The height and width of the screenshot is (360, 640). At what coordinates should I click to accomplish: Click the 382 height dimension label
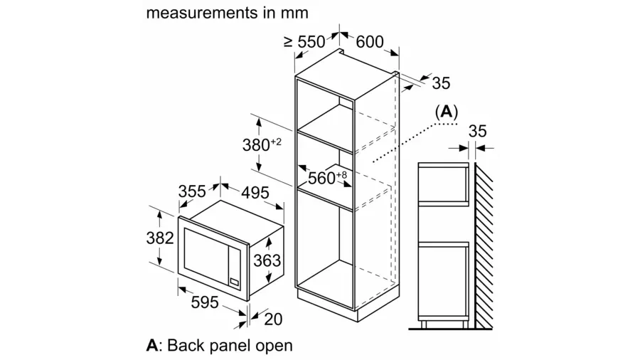(159, 238)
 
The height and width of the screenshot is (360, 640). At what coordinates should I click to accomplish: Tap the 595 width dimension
(205, 302)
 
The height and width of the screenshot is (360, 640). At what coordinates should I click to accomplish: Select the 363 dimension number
(267, 260)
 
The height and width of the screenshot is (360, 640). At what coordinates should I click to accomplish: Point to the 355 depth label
(192, 191)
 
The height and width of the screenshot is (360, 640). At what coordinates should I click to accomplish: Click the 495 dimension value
(255, 193)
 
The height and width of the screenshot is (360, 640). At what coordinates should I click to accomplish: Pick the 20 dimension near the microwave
(273, 319)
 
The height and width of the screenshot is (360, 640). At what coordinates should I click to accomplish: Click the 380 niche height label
(262, 144)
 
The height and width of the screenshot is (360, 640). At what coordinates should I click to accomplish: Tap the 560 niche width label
(327, 178)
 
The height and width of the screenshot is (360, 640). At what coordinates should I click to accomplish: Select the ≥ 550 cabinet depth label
(305, 42)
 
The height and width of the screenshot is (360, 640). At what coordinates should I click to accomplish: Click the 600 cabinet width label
(370, 42)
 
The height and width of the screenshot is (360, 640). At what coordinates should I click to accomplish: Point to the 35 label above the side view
(477, 132)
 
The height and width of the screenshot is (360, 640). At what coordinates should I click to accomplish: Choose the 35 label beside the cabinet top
(441, 83)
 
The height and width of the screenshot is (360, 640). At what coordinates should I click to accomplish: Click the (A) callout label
(446, 112)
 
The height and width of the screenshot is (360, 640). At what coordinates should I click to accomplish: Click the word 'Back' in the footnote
(186, 345)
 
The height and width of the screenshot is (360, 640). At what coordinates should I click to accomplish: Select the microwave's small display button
(234, 281)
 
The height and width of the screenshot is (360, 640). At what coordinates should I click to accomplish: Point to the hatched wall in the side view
(484, 245)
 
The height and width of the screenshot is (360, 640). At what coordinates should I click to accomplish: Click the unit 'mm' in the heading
(294, 13)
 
